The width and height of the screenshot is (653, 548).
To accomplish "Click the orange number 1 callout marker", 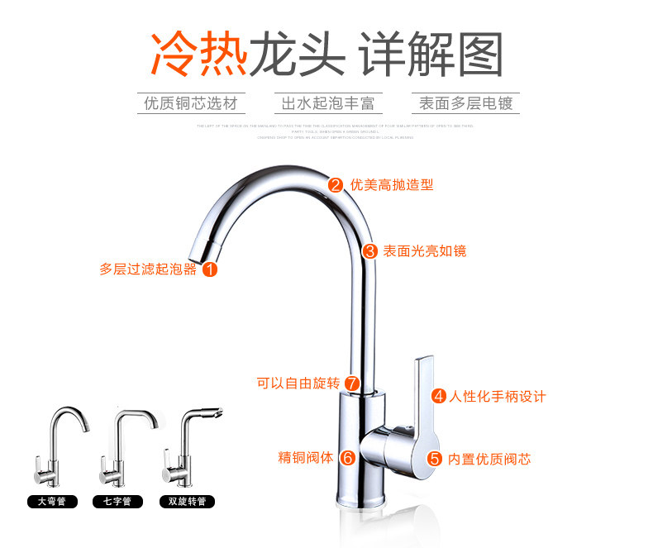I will click(210, 269).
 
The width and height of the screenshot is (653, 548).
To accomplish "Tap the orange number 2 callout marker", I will click(336, 185).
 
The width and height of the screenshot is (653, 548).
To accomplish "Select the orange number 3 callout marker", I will click(369, 250).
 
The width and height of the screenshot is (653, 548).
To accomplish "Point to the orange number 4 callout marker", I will click(439, 396).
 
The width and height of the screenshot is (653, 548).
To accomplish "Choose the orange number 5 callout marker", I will click(435, 459).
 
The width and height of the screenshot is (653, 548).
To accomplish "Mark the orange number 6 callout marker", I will click(348, 457).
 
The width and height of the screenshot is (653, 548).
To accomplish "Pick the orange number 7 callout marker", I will click(352, 384).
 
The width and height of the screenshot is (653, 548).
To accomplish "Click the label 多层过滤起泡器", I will click(149, 269).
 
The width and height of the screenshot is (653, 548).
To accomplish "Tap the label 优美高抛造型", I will click(392, 185).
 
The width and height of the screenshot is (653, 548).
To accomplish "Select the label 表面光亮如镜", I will click(424, 250).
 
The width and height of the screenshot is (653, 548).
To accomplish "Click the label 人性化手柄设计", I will click(498, 396).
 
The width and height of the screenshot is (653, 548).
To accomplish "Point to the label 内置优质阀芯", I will click(489, 459).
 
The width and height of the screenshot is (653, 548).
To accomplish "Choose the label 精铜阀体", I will click(305, 457).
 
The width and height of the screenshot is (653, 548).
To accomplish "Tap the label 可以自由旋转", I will click(298, 384).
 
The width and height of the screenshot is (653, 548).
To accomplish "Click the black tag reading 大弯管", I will click(51, 502).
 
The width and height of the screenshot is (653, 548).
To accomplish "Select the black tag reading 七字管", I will click(117, 502).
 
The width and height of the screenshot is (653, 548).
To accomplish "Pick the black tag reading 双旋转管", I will click(186, 502).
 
